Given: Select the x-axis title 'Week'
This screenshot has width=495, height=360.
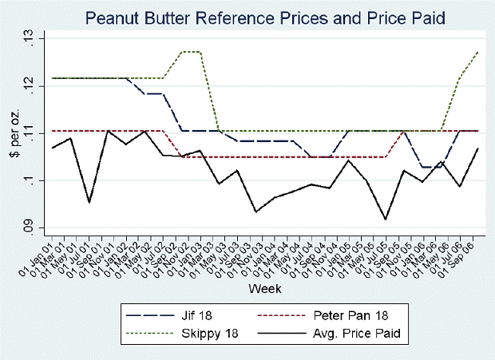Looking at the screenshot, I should (263, 287).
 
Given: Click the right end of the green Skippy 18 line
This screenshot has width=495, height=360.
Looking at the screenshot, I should (477, 52).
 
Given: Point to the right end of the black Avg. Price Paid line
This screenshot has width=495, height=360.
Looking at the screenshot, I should (477, 148).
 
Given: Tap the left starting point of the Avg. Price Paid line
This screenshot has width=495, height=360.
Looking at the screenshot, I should (53, 148).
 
